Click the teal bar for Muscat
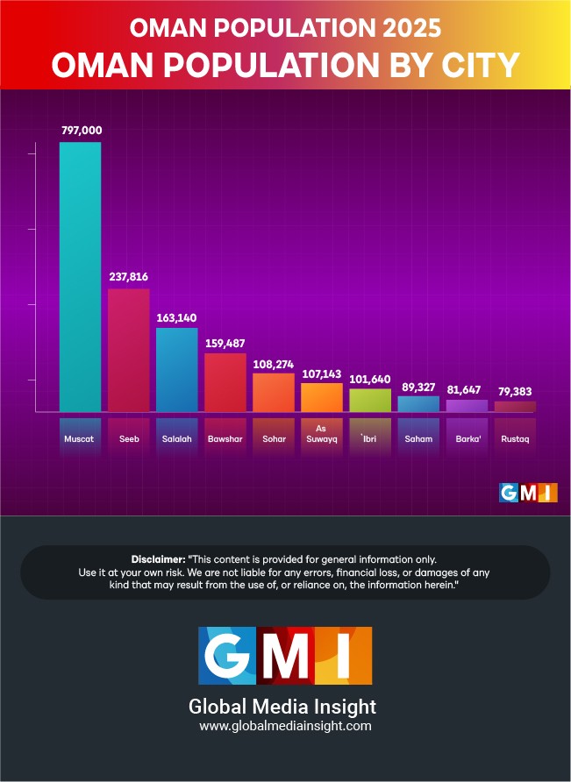coord(80,276)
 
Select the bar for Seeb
coord(128,350)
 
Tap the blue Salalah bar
coord(176,369)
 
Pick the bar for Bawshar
coord(225,382)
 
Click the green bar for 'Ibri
coord(369,400)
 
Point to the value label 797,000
coord(82,130)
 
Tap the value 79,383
coord(515,391)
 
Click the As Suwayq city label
coord(322,433)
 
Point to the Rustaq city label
coord(515,437)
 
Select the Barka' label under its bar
coord(467,437)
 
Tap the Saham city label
coord(418,437)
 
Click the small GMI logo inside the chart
coord(528,493)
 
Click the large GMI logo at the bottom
coord(285,656)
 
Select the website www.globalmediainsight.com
coord(285,726)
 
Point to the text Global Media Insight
coord(282,706)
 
